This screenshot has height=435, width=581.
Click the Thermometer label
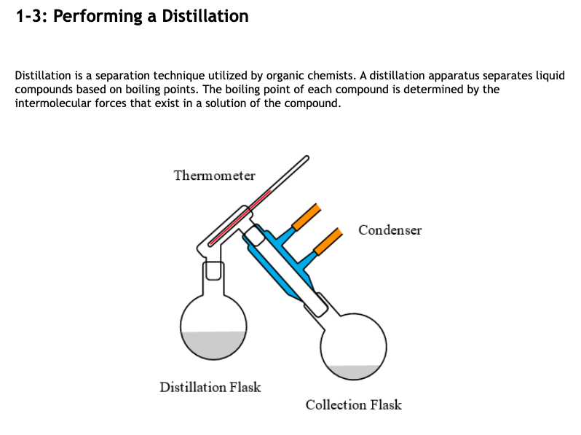(214, 176)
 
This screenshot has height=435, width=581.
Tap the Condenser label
(390, 230)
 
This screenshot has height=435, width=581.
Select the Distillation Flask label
(210, 387)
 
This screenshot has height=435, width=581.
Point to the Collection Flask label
(353, 405)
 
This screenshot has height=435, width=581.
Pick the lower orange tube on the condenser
(328, 240)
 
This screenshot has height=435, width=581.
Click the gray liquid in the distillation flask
(213, 345)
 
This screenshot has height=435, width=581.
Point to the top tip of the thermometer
(306, 157)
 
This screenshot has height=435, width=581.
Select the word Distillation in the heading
(204, 16)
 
